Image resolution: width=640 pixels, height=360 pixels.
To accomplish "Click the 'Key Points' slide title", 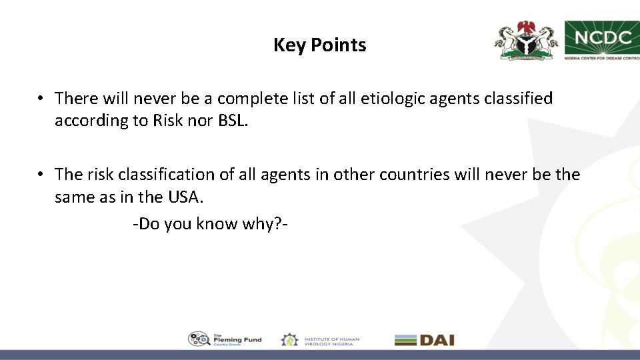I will (x=319, y=45).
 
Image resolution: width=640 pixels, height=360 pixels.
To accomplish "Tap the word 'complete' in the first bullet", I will (x=250, y=99).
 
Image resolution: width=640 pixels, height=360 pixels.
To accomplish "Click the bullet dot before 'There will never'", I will (x=41, y=99).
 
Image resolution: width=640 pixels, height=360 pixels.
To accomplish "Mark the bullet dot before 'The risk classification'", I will (x=41, y=175).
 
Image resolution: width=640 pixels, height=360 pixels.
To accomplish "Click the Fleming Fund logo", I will (x=225, y=339).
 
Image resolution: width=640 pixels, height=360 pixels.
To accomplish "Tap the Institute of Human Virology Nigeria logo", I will (x=320, y=339).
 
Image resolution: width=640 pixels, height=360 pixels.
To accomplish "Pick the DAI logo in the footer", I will (x=424, y=339).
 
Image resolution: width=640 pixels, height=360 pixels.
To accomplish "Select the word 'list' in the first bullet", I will (x=298, y=99).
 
